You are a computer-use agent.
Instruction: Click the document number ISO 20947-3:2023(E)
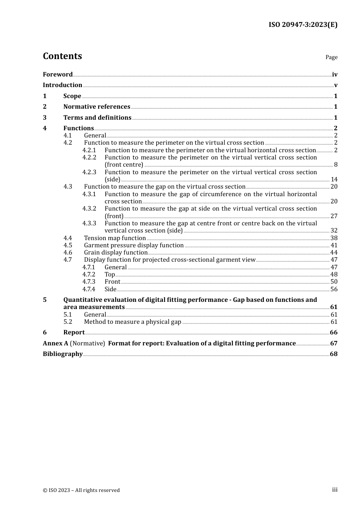coord(303,25)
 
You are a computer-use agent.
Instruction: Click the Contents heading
coord(62,56)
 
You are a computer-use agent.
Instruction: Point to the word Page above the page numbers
coord(331,57)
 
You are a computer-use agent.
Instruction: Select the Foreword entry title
coord(58,75)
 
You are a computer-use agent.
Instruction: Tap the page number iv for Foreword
coord(335,75)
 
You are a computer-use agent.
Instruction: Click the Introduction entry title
coord(63,85)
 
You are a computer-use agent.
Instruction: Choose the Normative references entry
coord(97,107)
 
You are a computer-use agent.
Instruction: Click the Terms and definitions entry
coord(97,118)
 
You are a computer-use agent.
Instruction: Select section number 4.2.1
coord(89,150)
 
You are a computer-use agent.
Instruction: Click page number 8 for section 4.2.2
coord(336,165)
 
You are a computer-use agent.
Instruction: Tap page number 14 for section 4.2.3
coord(334,180)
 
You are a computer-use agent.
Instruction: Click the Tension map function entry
coord(115,238)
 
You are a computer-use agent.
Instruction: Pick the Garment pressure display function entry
coord(134,245)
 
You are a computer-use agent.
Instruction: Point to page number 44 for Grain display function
coord(334,253)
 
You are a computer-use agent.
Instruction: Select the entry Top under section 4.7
coord(110,275)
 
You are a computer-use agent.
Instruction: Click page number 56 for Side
coord(334,289)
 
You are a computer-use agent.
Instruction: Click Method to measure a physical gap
coord(133,322)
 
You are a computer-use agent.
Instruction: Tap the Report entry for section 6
coord(74,333)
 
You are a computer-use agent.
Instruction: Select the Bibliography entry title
coord(63,354)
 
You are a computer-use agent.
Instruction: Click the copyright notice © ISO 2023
coord(81,490)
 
